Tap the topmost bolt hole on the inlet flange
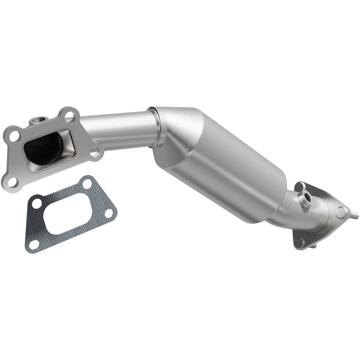[x=69, y=115]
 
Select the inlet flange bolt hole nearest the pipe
[x=94, y=153]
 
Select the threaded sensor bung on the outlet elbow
[x=305, y=198]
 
